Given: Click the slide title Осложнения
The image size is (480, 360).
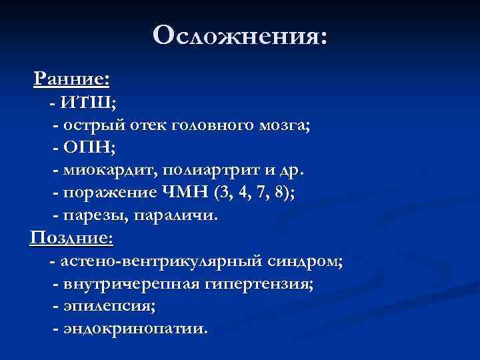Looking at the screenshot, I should click(239, 36).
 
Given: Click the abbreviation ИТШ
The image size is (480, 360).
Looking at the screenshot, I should click(87, 103).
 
